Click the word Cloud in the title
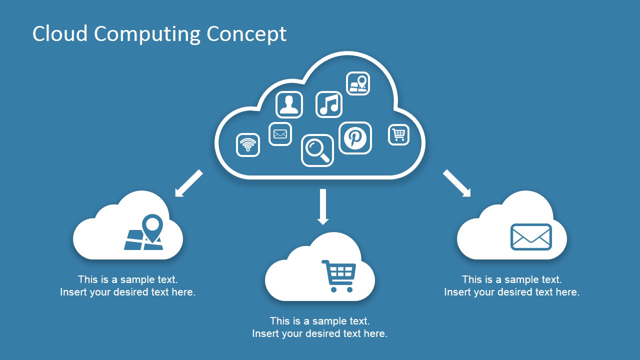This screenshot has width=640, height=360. click(60, 34)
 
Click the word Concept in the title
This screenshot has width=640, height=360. click(246, 34)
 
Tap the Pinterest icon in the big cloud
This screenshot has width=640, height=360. click(355, 137)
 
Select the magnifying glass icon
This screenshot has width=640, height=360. click(317, 150)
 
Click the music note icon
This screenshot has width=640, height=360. click(329, 104)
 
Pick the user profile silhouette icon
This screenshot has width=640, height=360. click(289, 104)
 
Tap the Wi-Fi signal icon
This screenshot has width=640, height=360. click(248, 145)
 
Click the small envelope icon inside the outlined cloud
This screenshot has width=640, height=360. click(280, 134)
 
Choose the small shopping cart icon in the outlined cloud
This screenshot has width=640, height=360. click(398, 134)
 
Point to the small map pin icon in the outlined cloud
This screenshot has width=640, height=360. click(358, 83)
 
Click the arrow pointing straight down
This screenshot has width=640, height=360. click(323, 206)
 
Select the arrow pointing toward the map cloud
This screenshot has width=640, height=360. click(189, 183)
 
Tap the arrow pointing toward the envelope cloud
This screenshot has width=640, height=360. click(456, 183)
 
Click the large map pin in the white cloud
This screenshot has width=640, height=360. click(152, 227)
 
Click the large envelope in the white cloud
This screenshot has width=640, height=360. click(531, 236)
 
